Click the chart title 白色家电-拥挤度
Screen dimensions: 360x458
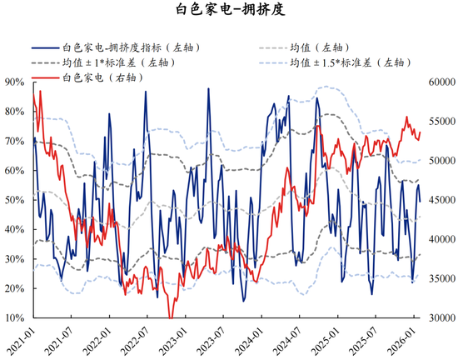coord(228,11)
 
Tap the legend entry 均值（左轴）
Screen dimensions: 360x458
coord(317,47)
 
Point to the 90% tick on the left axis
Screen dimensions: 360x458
coord(13,82)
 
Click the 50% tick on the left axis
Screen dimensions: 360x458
coord(13,200)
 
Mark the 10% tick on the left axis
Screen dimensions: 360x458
coord(13,318)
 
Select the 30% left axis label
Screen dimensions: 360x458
coord(13,259)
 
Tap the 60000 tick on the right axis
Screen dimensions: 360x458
coord(438,82)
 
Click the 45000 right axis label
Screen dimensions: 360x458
coord(438,200)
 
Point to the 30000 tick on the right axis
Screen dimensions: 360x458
coord(438,318)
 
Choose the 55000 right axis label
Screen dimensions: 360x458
coord(438,121)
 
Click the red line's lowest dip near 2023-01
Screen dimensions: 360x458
coord(171,317)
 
